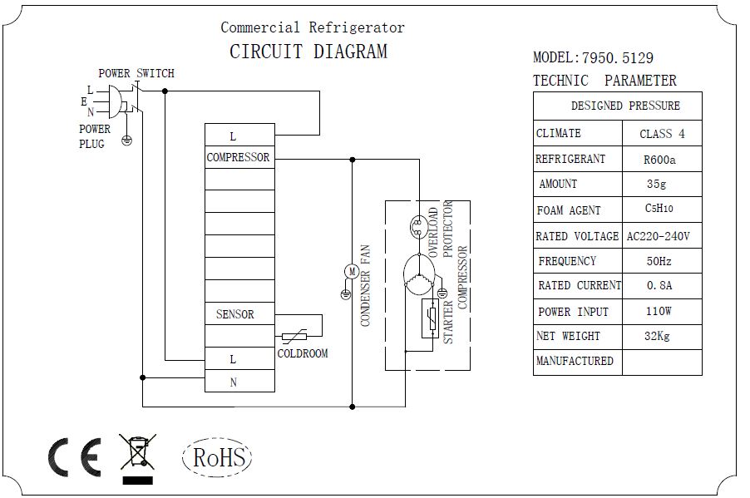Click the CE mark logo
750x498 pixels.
tap(75, 456)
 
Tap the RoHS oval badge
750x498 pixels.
tap(217, 456)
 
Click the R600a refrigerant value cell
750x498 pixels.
tap(659, 159)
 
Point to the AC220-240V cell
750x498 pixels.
tap(659, 236)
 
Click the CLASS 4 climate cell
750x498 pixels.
tap(662, 134)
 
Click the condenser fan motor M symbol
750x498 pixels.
tap(351, 271)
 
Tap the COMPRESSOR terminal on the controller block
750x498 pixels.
tap(239, 157)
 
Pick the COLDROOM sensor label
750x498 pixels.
tap(302, 353)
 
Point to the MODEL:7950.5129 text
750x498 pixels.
tap(593, 58)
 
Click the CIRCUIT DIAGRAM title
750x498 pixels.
tap(308, 52)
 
